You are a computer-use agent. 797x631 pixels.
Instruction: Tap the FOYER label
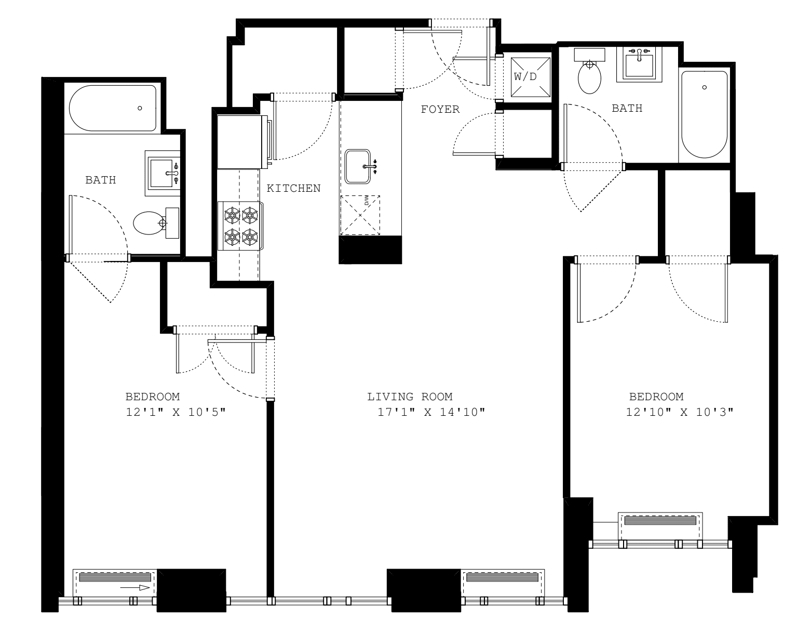point(440,109)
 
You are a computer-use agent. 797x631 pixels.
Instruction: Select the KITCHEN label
point(293,188)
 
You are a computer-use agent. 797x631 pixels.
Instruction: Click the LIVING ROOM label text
point(410,397)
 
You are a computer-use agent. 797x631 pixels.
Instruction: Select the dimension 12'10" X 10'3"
point(680,413)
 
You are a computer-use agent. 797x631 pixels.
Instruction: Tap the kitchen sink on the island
point(358,166)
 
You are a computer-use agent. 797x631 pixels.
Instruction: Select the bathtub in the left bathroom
point(113,108)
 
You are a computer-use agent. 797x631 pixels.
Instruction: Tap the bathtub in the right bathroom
point(704,114)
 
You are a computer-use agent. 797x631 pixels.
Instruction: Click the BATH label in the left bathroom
point(101,180)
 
